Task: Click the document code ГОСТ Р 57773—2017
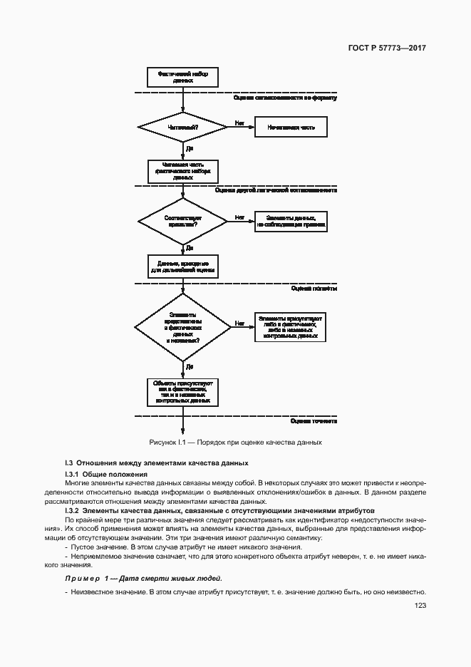[x=388, y=48]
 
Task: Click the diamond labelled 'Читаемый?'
[x=182, y=128]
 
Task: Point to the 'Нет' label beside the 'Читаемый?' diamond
[x=239, y=123]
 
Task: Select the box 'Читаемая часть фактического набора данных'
[x=182, y=170]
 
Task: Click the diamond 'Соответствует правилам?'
[x=182, y=221]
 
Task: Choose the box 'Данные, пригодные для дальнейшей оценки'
[x=182, y=267]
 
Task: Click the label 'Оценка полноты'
[x=314, y=289]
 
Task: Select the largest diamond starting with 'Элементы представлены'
[x=182, y=327]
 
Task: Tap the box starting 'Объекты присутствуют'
[x=182, y=391]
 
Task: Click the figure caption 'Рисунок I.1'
[x=235, y=442]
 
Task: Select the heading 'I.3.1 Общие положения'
[x=106, y=474]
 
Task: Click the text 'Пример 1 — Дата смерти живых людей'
[x=143, y=579]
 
